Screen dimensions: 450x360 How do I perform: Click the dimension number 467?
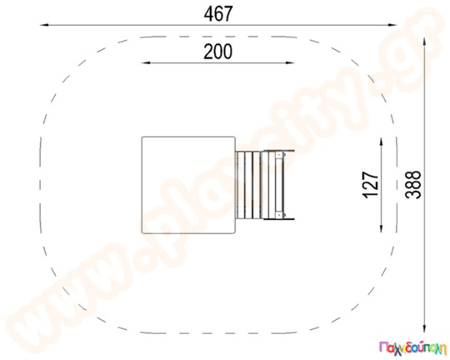pyautogui.click(x=218, y=14)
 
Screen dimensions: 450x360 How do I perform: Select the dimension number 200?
pyautogui.click(x=217, y=52)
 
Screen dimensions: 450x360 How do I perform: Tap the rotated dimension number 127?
pyautogui.click(x=371, y=185)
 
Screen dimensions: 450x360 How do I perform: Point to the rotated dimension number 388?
pyautogui.click(x=413, y=185)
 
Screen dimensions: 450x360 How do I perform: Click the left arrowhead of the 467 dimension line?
pyautogui.click(x=43, y=25)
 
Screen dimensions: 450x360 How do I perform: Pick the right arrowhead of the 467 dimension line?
pyautogui.click(x=392, y=25)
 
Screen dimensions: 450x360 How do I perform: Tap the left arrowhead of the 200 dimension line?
pyautogui.click(x=146, y=62)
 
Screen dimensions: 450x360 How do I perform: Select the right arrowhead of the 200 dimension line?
pyautogui.click(x=290, y=62)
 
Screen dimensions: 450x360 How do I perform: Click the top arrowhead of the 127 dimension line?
pyautogui.click(x=381, y=142)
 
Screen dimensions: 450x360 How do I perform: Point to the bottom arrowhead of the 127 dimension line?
pyautogui.click(x=381, y=227)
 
